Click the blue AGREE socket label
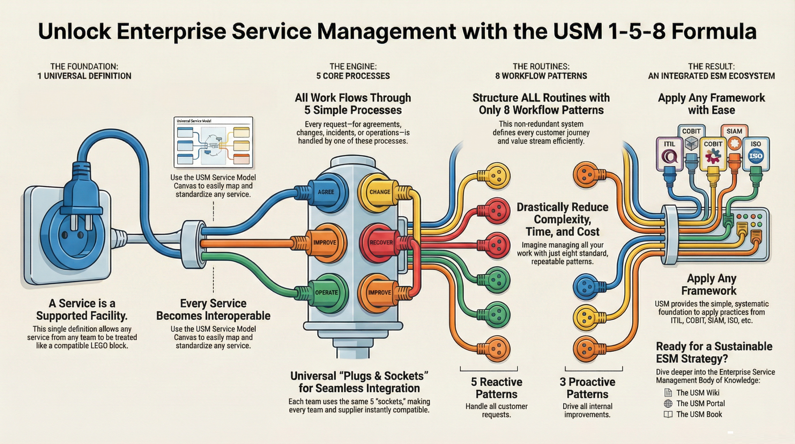tap(326, 192)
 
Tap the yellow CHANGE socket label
tap(379, 192)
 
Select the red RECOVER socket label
tap(381, 242)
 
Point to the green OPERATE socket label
tap(326, 292)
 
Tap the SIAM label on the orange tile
tap(734, 131)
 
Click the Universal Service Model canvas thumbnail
tap(213, 142)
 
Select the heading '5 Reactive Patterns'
tap(496, 388)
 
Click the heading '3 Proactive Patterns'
tap(587, 388)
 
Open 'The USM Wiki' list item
tap(697, 393)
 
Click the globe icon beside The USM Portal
tap(668, 404)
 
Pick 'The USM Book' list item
tap(699, 414)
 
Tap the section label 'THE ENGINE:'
tap(353, 66)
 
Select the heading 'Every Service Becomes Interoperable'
tap(213, 309)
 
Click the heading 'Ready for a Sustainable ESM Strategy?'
tap(714, 352)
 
